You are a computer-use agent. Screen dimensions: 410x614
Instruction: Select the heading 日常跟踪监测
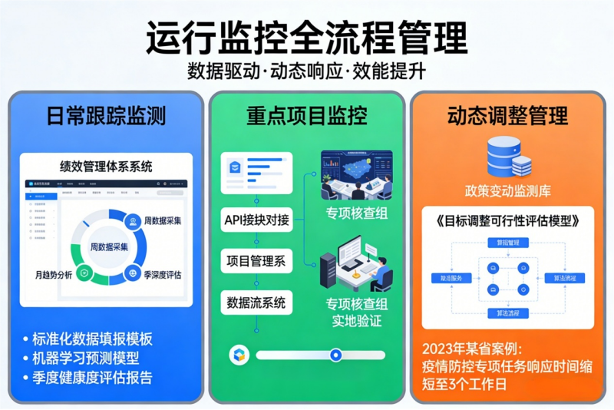pyautogui.click(x=106, y=116)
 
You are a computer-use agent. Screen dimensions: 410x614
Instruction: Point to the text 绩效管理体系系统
pyautogui.click(x=106, y=166)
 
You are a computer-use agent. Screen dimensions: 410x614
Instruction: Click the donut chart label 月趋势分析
pyautogui.click(x=53, y=274)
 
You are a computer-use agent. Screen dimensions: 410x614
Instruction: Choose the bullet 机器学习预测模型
pyautogui.click(x=85, y=359)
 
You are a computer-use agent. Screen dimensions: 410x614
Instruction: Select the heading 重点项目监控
pyautogui.click(x=306, y=116)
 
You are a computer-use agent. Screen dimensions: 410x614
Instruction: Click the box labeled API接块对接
pyautogui.click(x=256, y=220)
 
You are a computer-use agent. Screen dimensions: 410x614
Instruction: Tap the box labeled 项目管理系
pyautogui.click(x=256, y=261)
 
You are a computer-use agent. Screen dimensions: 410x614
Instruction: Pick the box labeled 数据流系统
pyautogui.click(x=256, y=303)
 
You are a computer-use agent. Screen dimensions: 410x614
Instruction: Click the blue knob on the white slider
pyautogui.click(x=335, y=355)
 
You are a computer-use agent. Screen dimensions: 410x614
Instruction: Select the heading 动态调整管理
pyautogui.click(x=508, y=116)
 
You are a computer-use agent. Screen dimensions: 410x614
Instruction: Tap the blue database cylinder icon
pyautogui.click(x=507, y=156)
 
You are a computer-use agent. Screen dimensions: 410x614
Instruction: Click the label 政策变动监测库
pyautogui.click(x=508, y=190)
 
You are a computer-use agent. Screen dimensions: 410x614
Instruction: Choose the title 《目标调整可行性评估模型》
pyautogui.click(x=508, y=220)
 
